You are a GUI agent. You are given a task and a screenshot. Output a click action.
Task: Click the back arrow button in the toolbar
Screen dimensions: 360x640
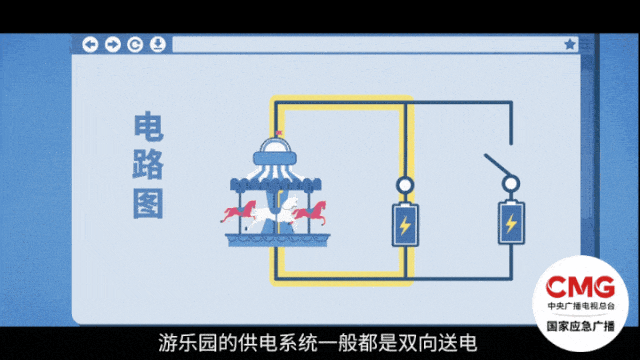(x=90, y=44)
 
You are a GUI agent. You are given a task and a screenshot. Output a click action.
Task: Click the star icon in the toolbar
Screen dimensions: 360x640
(x=570, y=44)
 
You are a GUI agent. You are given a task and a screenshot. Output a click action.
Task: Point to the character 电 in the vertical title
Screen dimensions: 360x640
(x=149, y=127)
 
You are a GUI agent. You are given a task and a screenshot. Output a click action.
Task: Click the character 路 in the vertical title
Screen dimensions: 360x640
(x=149, y=164)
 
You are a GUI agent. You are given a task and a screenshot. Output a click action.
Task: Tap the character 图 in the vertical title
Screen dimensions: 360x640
(x=149, y=201)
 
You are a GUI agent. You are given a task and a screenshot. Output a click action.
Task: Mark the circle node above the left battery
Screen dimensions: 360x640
(x=405, y=185)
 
